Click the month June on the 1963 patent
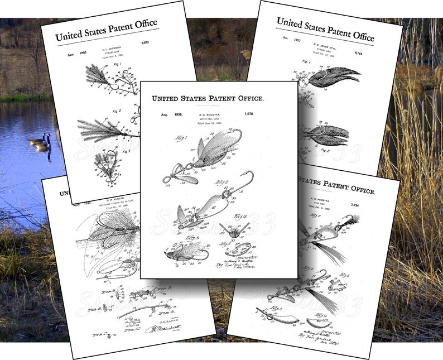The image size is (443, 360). (x=58, y=54)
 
